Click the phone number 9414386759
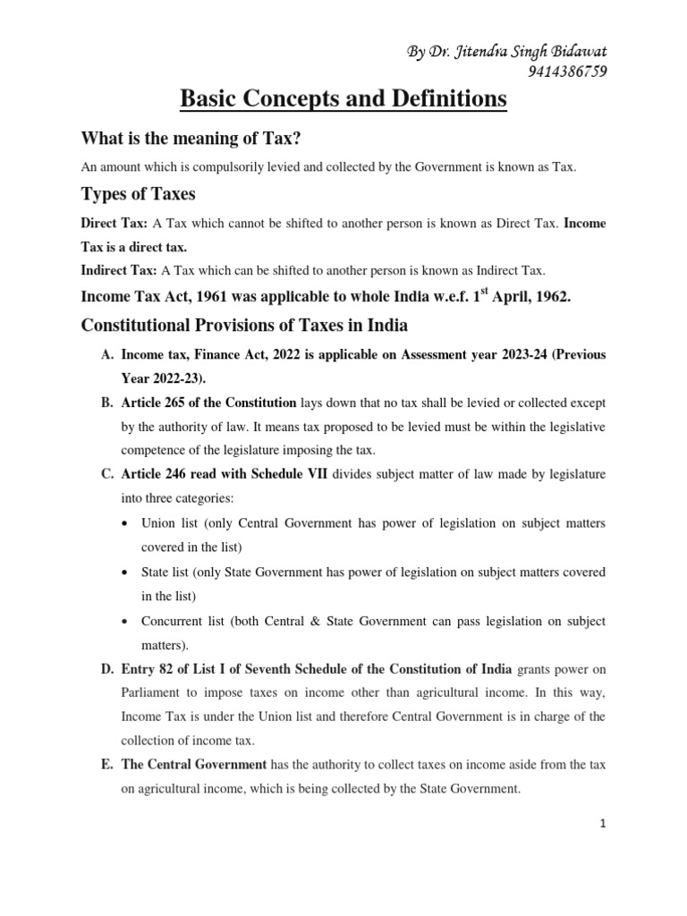[556, 72]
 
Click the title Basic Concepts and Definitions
[343, 100]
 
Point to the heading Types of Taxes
[138, 194]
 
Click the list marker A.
[105, 355]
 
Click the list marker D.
[105, 669]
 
